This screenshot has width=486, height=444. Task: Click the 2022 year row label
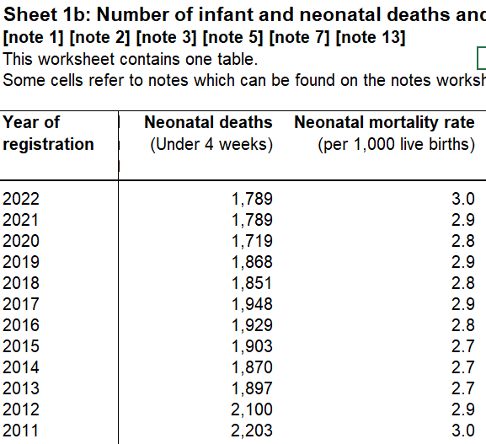coord(21,199)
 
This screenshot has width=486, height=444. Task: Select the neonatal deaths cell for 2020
coord(252,241)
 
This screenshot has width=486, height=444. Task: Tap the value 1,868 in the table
coord(252,262)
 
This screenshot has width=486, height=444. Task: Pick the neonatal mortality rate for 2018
coord(463,283)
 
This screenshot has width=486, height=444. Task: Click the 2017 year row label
coord(21,304)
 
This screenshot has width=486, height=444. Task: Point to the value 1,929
coord(252,325)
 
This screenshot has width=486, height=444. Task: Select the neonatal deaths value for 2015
coord(252,346)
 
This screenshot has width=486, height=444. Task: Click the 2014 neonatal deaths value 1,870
coord(252,367)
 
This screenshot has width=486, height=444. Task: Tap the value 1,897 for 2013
coord(252,388)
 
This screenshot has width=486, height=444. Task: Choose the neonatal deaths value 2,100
coord(252,409)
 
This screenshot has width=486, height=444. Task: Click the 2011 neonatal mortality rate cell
coord(463,431)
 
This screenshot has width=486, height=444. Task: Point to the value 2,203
coord(252,431)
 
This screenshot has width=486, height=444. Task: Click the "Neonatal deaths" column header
coord(208,122)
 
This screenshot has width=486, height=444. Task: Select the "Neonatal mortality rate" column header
coord(384,122)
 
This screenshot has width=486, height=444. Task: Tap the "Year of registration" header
coord(48,133)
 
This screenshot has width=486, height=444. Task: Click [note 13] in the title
coord(371,38)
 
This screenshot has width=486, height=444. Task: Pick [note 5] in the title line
coord(232,38)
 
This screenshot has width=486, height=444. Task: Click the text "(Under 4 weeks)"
coord(211,144)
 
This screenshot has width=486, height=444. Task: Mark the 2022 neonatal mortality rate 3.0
coord(463,199)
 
